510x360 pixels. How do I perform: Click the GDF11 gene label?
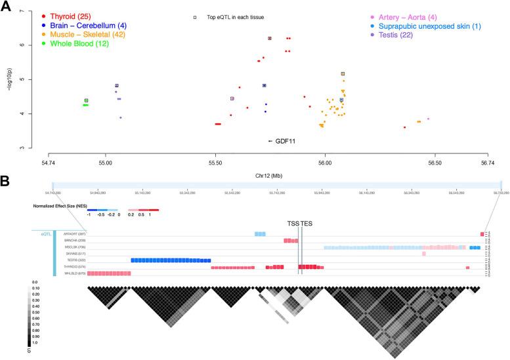coord(283,141)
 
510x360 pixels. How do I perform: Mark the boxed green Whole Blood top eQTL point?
coord(86,100)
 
